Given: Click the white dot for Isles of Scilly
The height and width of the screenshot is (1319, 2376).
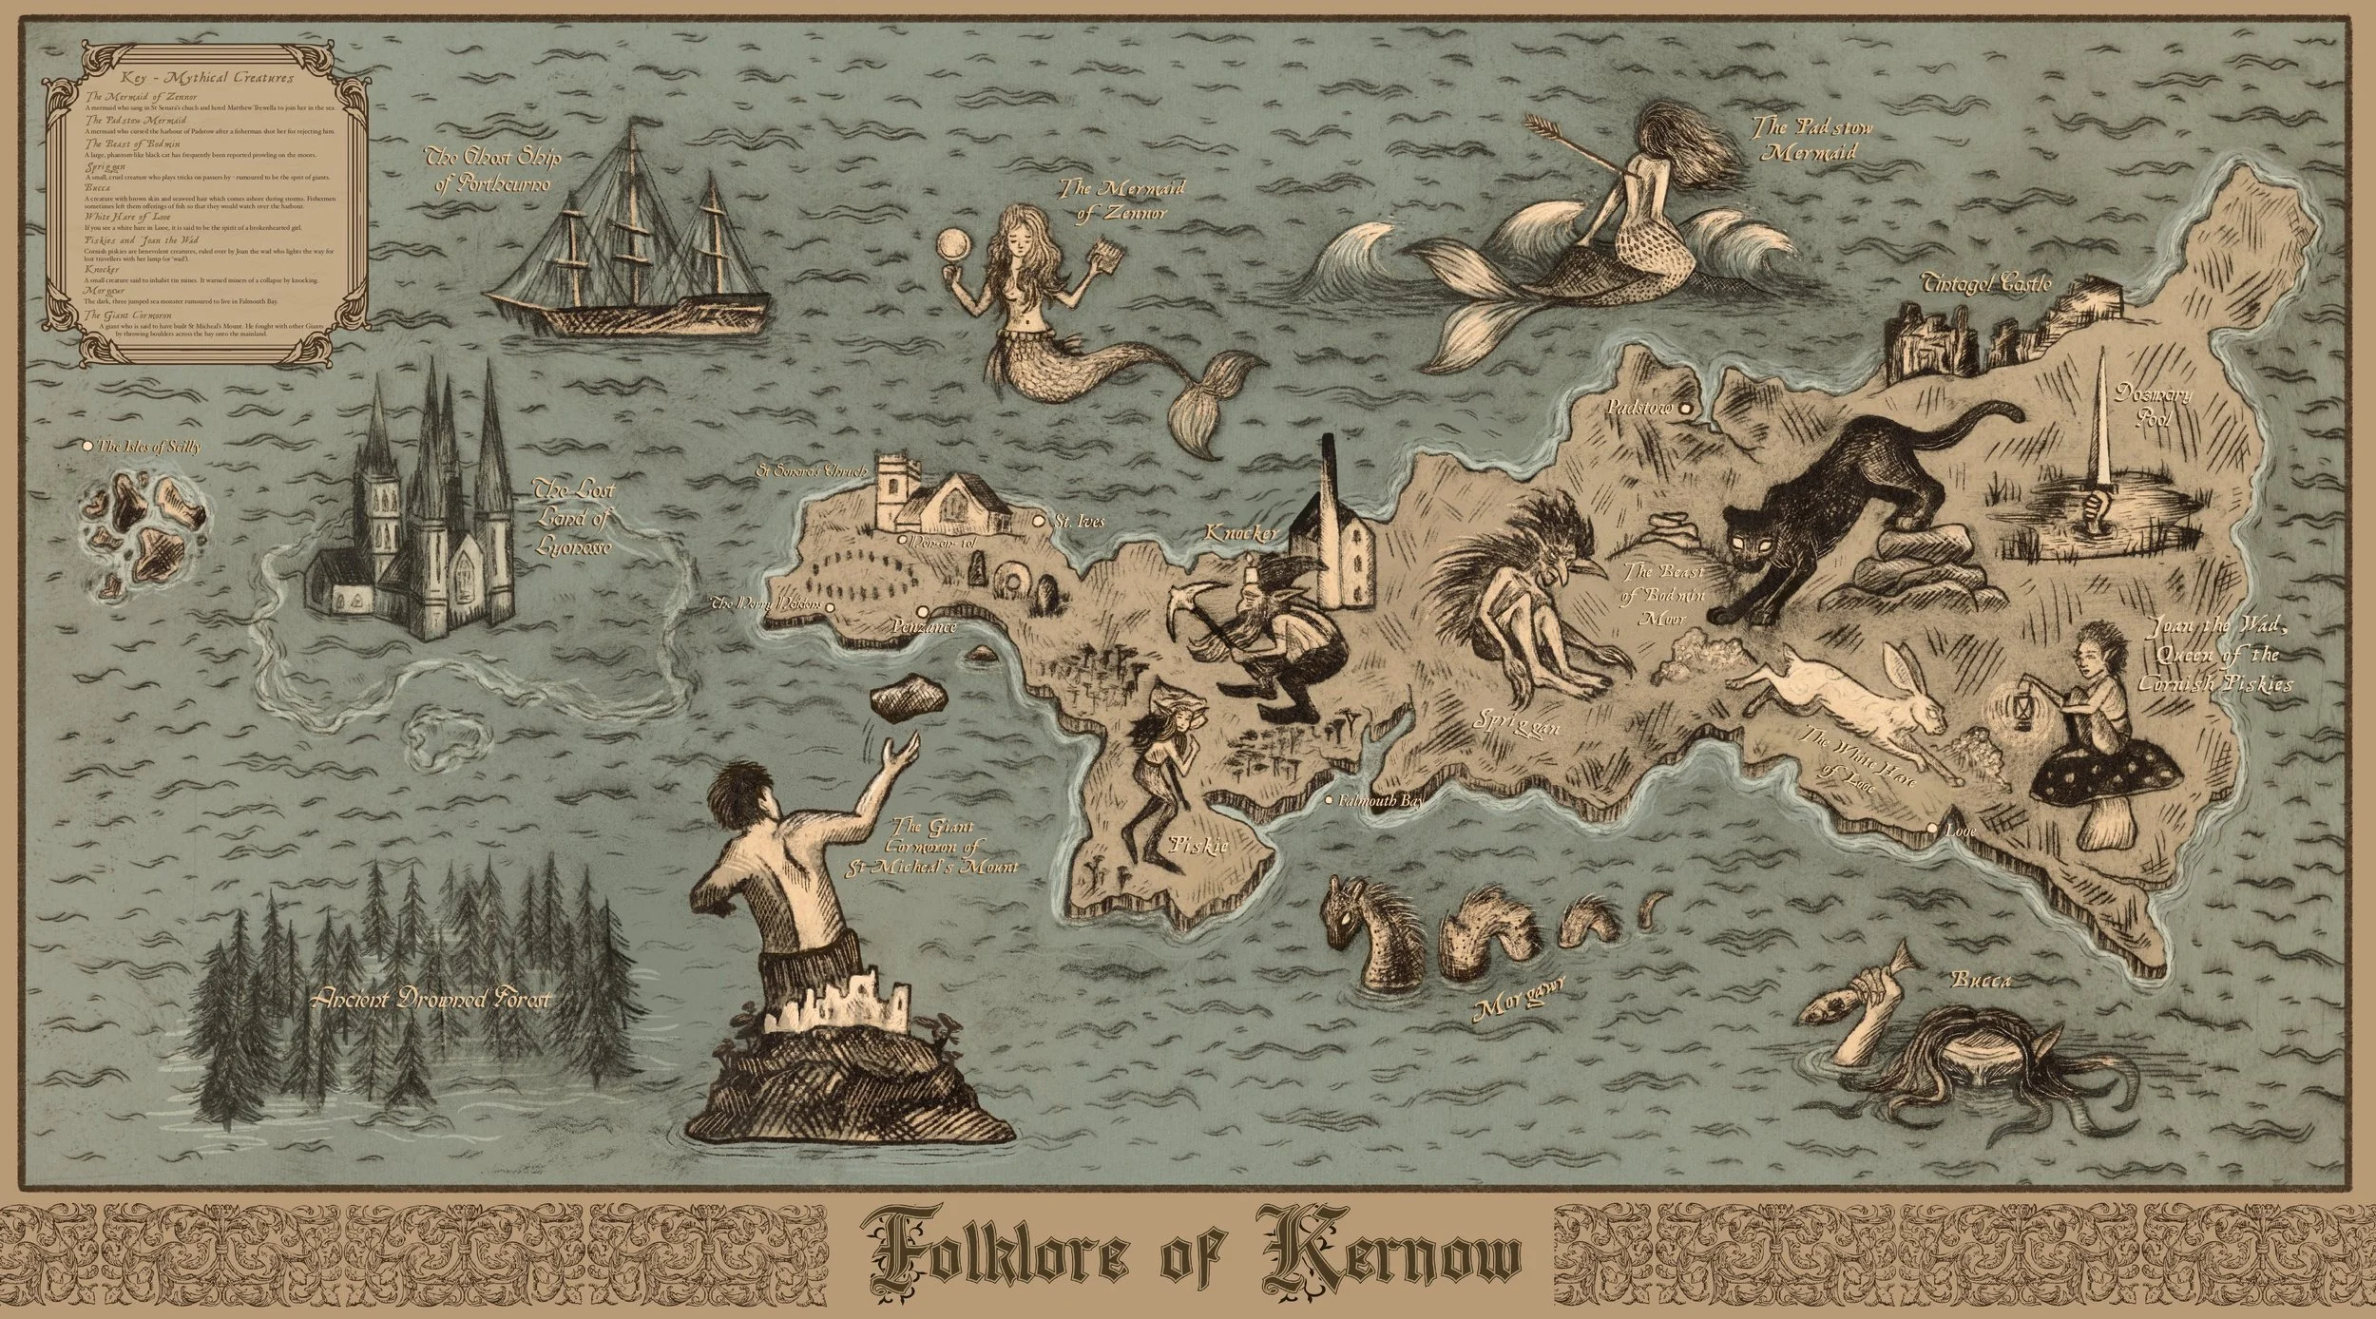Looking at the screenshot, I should (x=87, y=445).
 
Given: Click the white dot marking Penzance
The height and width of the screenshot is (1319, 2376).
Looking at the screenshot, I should (x=921, y=612).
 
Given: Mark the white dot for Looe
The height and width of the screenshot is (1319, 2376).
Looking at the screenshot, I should (x=1931, y=830).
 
